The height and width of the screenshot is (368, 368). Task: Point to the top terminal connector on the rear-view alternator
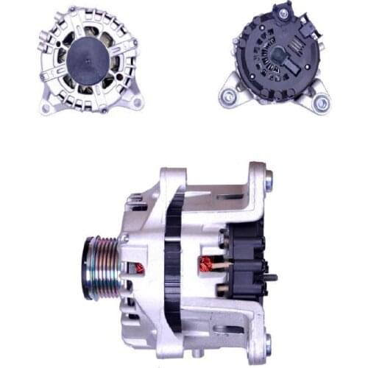(283, 13)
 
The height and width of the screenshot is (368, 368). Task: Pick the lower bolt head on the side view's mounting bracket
(267, 342)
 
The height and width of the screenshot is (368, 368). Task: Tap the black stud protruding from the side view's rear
(272, 277)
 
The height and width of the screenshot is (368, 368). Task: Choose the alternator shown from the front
(91, 60)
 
